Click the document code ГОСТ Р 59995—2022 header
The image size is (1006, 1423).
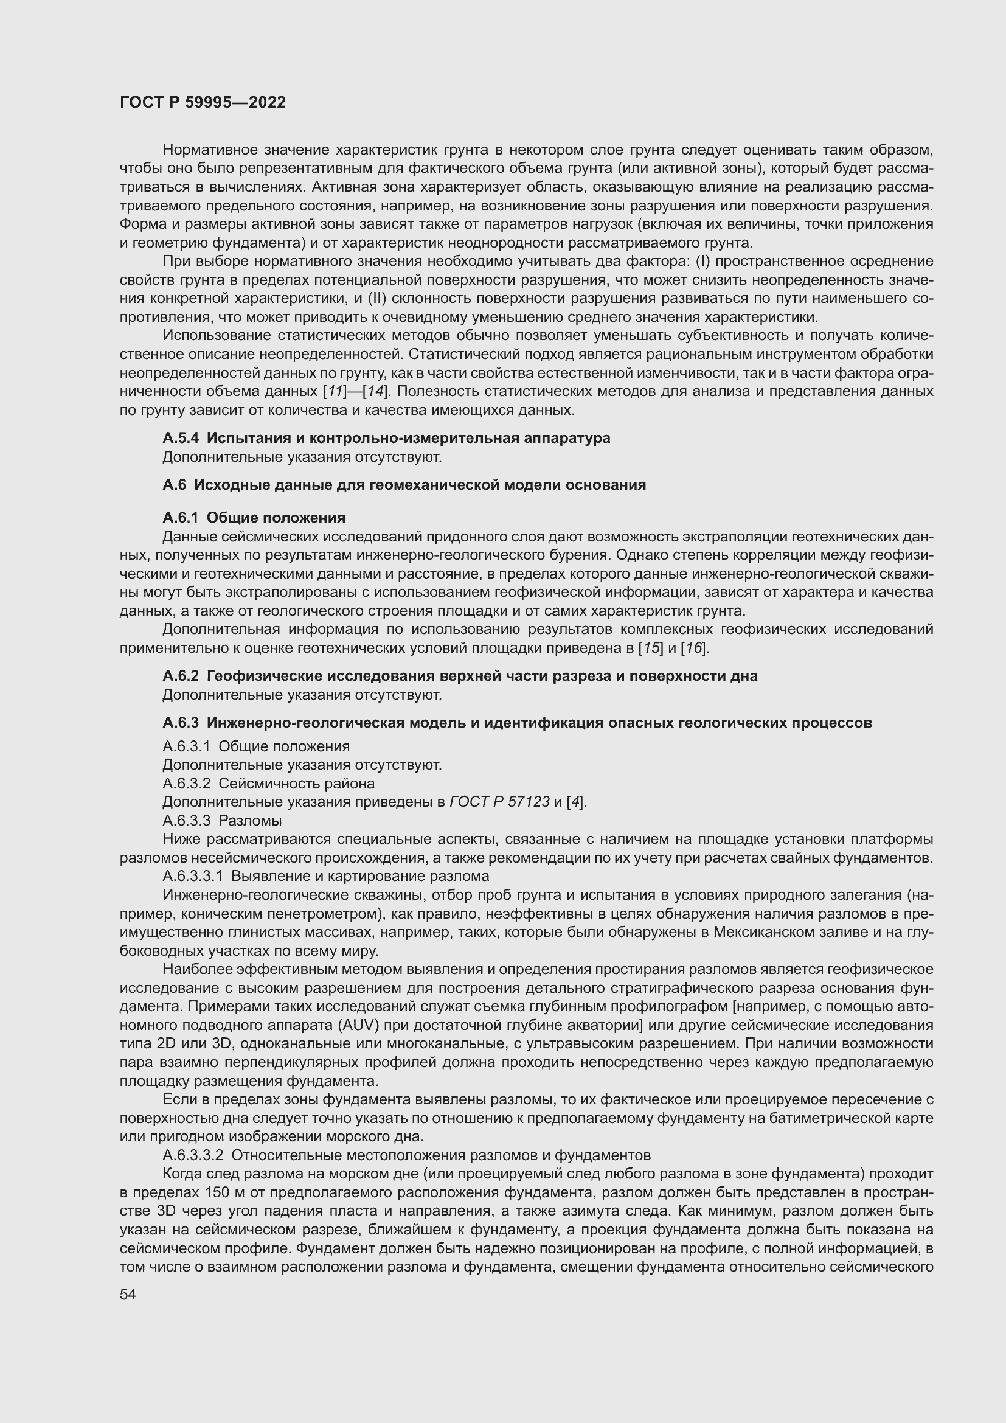point(203,103)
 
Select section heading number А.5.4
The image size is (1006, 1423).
point(180,438)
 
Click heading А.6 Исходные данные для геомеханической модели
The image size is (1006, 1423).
point(404,485)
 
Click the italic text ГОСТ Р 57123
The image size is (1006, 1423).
point(499,802)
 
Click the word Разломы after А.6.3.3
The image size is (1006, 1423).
point(250,821)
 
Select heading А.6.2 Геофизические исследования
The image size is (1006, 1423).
point(460,676)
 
